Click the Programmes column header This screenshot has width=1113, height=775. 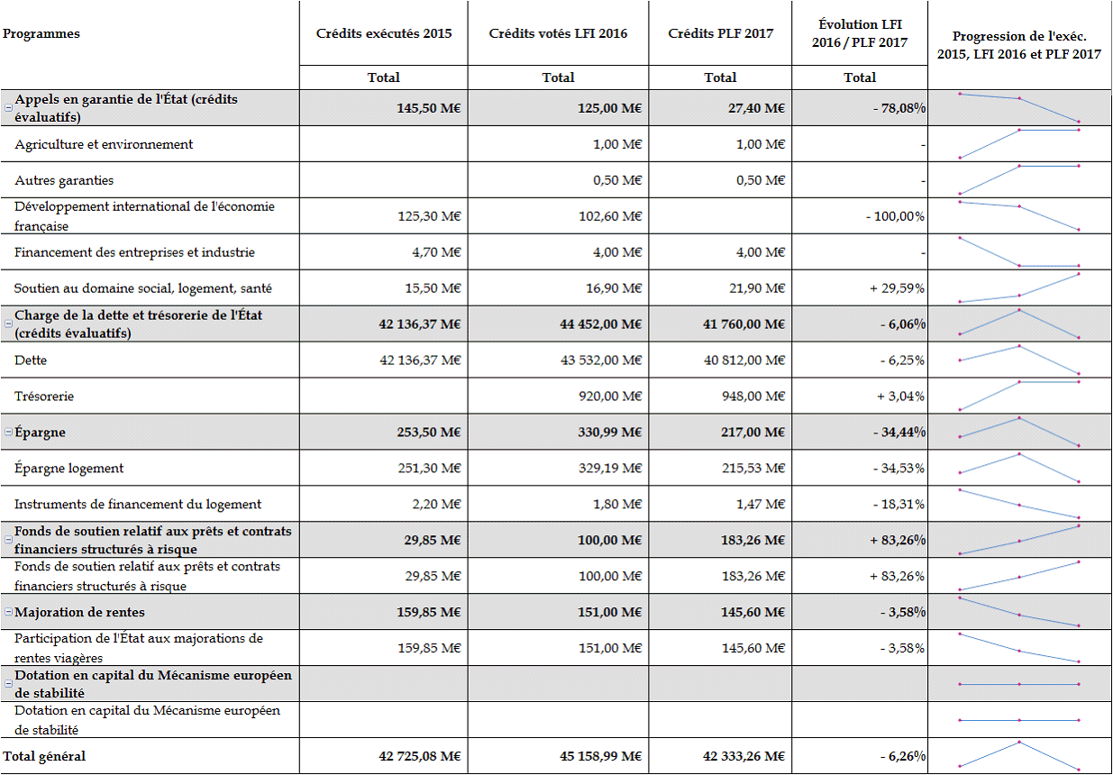tap(41, 34)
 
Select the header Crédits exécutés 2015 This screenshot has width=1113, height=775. tap(384, 34)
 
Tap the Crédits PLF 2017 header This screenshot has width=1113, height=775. tap(720, 34)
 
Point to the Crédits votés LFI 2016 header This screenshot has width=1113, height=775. tap(558, 34)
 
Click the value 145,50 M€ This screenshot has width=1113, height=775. tap(429, 108)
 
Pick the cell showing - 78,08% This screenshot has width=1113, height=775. tap(899, 108)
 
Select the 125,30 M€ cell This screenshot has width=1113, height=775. tap(429, 216)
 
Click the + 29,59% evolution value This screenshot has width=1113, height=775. tap(897, 288)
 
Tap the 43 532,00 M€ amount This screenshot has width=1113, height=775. tap(601, 360)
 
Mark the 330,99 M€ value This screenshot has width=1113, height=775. tap(609, 433)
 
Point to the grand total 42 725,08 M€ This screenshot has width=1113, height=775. tap(420, 757)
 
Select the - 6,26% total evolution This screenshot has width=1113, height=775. tap(902, 757)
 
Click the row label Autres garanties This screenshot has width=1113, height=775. tap(64, 180)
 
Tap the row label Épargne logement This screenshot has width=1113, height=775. tap(69, 469)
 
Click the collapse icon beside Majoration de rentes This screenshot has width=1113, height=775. tap(8, 613)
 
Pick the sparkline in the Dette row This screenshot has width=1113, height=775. tap(1019, 360)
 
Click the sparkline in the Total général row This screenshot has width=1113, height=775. tap(1019, 755)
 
